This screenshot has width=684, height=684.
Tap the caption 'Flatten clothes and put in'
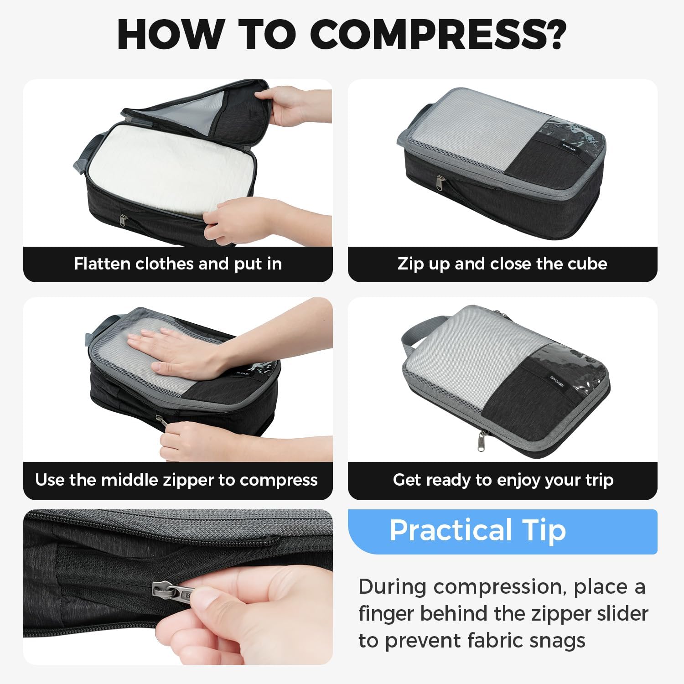178,264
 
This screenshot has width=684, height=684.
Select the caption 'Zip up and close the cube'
502,264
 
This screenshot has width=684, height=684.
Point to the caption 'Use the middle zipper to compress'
176,480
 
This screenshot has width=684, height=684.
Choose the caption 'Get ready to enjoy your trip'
503,480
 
